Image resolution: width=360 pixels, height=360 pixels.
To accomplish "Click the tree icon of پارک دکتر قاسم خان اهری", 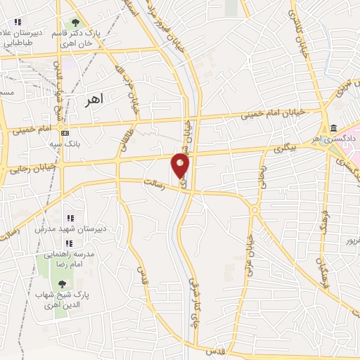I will point(75,22).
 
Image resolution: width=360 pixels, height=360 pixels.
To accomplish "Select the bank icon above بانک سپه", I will point(65,133).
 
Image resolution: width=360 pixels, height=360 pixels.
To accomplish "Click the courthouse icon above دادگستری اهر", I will point(333,129).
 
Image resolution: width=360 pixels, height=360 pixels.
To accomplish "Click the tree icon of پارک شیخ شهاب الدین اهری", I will point(63,284).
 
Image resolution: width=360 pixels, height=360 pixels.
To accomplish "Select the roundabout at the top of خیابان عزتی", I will point(254,209).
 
